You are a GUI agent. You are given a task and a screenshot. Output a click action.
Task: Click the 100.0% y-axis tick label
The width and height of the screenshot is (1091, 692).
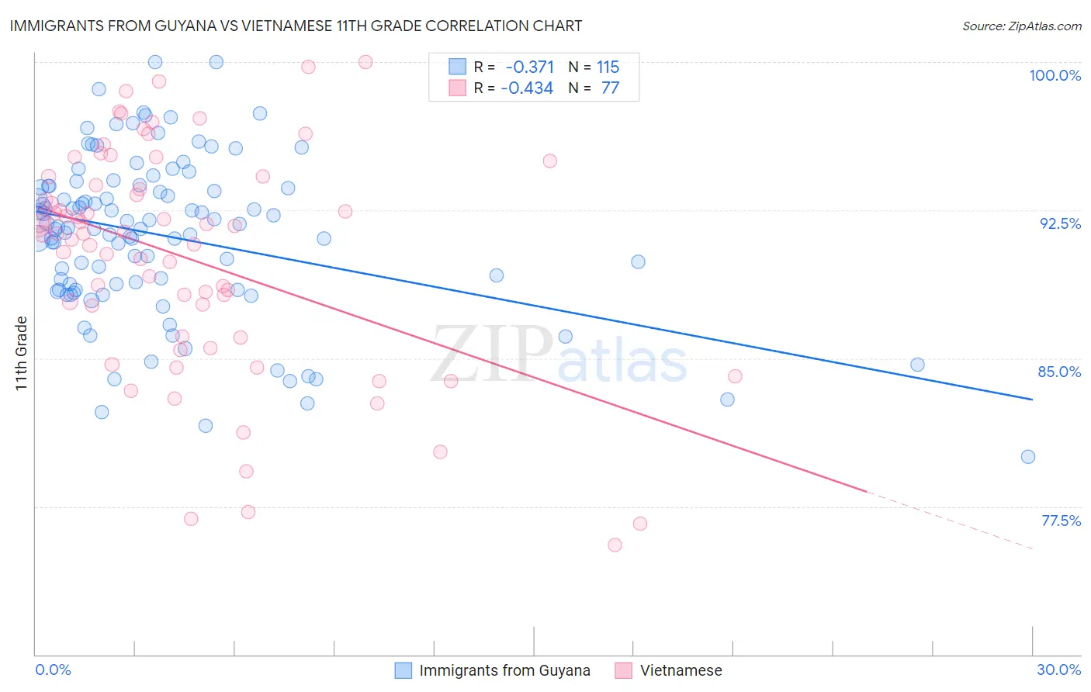[1055, 75]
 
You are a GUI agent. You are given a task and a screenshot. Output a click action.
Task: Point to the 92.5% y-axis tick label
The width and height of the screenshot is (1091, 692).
[1060, 223]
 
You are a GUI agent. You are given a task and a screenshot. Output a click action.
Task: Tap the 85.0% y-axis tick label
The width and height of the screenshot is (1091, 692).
[1059, 372]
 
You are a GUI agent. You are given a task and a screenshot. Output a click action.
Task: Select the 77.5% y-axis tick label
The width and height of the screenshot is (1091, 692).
[1061, 521]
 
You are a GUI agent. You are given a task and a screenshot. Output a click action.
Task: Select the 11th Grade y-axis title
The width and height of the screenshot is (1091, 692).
[22, 354]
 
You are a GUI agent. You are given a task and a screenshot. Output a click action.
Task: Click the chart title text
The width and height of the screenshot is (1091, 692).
[295, 26]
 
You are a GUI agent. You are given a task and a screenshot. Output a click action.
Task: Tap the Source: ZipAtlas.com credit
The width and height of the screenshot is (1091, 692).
[1021, 26]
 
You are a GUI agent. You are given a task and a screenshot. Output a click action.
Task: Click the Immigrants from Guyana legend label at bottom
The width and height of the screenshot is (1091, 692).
[504, 671]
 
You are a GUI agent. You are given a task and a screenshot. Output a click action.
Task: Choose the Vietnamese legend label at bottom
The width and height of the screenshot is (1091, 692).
[681, 671]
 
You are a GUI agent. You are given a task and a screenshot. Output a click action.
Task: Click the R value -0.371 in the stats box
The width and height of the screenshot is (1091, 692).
[529, 67]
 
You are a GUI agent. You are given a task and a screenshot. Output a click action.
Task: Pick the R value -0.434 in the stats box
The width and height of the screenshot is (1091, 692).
[527, 88]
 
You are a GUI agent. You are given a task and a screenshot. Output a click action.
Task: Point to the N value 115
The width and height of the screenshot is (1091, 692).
[608, 67]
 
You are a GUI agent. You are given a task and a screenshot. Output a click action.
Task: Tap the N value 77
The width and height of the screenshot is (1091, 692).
[610, 88]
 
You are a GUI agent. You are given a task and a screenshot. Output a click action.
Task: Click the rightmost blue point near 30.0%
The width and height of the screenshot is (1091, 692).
[1027, 457]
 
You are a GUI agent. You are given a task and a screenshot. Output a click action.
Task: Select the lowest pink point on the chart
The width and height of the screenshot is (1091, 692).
[615, 545]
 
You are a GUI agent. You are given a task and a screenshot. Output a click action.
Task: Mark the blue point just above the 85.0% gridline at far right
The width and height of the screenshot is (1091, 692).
[917, 365]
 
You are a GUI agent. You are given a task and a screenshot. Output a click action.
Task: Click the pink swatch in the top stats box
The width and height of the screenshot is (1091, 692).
[457, 88]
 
